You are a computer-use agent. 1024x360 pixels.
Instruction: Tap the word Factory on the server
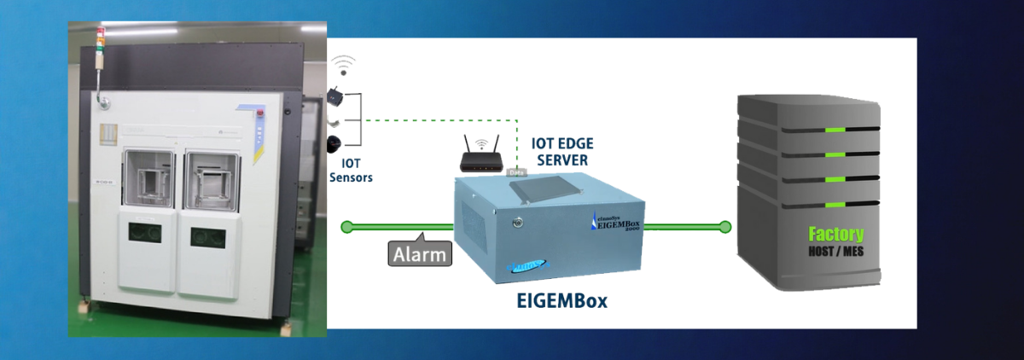click(835, 234)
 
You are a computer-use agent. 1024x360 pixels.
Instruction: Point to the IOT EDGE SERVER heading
click(560, 150)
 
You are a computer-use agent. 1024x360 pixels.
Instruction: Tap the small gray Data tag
click(517, 171)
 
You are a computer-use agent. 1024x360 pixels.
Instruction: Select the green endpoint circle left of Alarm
click(346, 227)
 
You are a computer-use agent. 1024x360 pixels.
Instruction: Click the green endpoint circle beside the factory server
click(724, 227)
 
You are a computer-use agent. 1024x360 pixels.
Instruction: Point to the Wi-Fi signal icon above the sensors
click(343, 65)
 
